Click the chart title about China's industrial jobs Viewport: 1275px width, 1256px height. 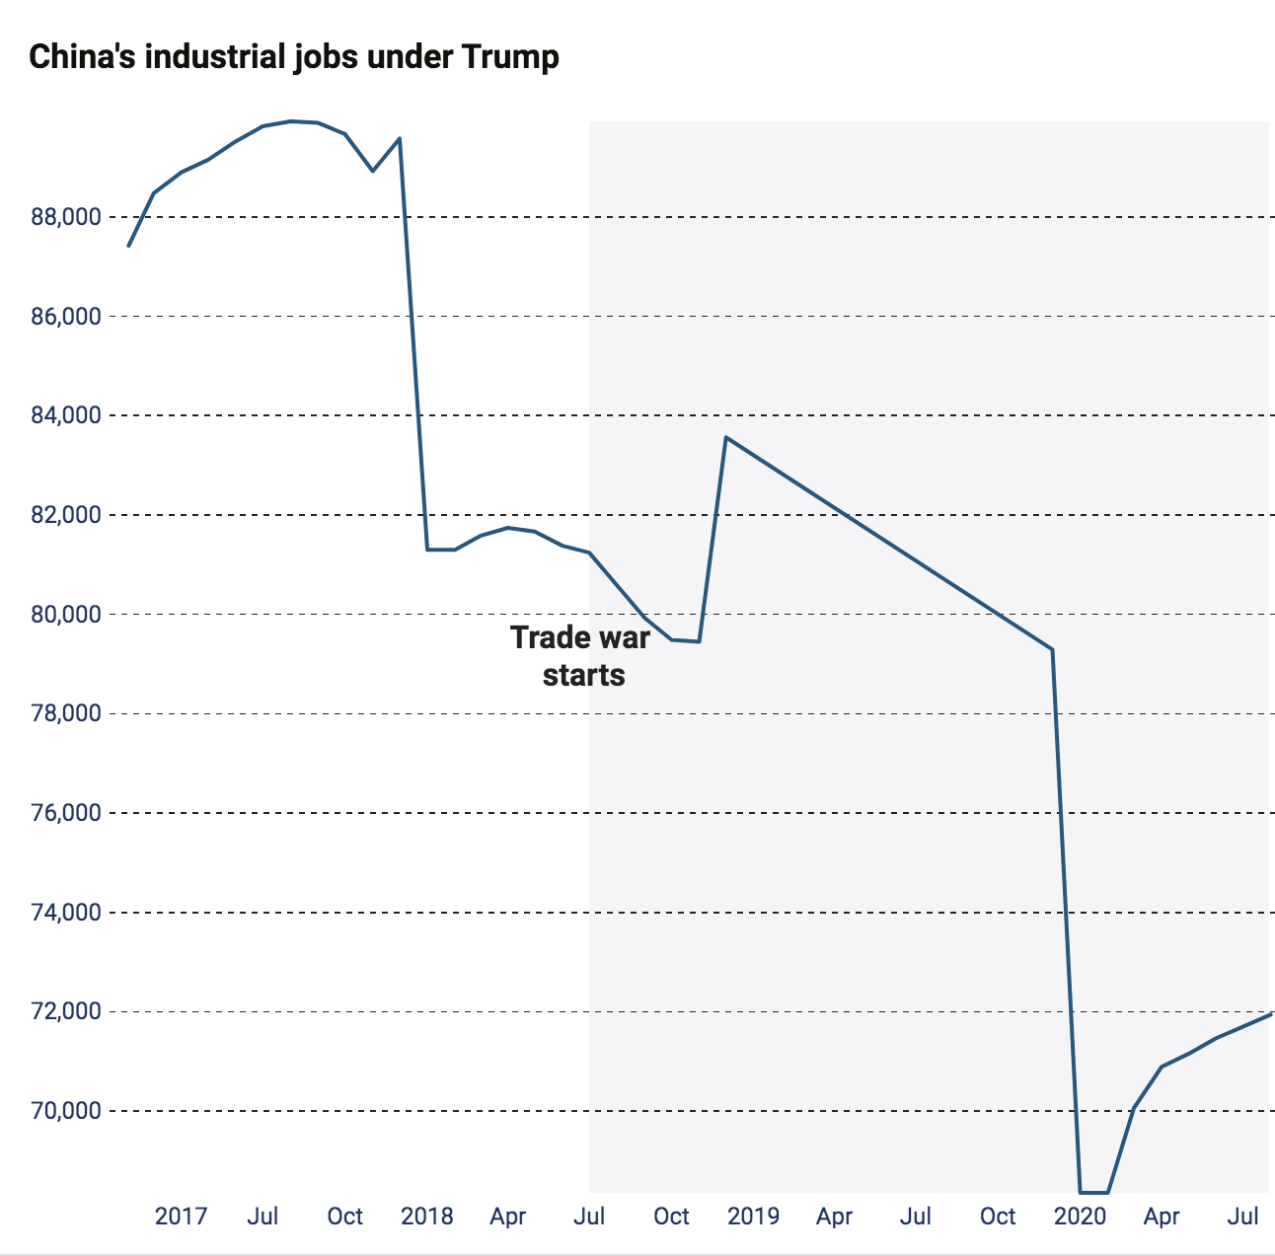point(294,56)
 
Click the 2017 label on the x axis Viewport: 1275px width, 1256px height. point(181,1216)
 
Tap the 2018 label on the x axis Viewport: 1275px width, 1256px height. point(426,1216)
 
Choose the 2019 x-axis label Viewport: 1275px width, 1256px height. point(753,1216)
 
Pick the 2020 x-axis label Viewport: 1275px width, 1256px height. point(1081,1216)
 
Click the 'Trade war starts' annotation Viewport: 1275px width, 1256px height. point(581,656)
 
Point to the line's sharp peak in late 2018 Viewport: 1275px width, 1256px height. point(726,437)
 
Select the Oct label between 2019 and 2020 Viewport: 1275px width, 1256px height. point(998,1216)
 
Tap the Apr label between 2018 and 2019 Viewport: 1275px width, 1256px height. point(507,1216)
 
